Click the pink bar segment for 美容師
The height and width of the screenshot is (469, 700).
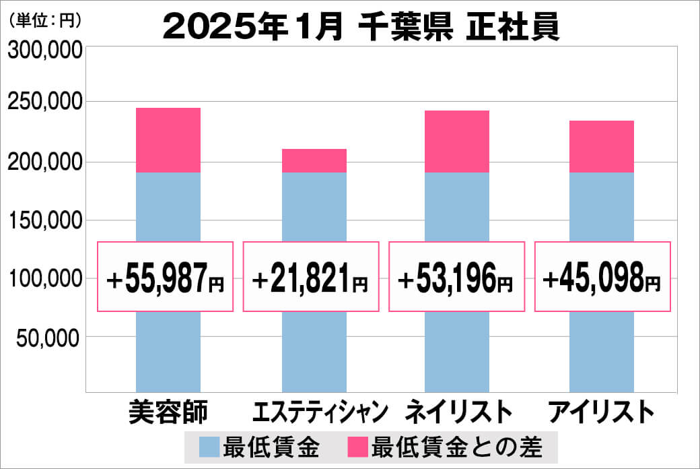pos(168,140)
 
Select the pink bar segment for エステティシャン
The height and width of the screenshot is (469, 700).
pos(314,160)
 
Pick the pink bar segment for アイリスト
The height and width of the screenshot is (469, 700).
pos(602,146)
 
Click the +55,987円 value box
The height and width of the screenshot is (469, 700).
pos(166,277)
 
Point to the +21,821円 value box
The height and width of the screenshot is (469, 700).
pos(311,277)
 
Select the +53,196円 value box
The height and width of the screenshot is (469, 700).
pos(457,277)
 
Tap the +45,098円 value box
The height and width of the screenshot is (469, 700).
pos(602,277)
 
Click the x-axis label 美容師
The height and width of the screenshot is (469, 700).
pos(168,412)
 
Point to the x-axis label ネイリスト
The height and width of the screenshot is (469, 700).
pos(458,412)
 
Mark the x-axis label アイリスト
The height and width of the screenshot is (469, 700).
pos(601,412)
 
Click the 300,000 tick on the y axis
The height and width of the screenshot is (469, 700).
pos(44,51)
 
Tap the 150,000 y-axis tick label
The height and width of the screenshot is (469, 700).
pos(44,221)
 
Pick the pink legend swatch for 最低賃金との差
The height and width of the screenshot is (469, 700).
pos(358,446)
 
